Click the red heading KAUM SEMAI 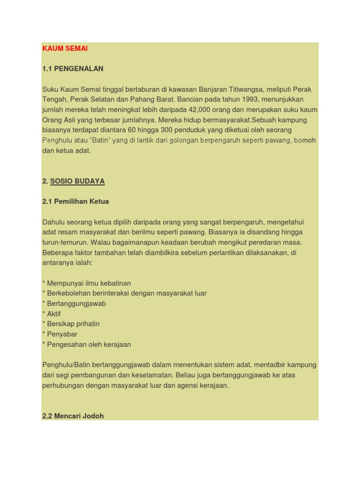[65, 48]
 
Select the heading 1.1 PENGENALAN [73, 68]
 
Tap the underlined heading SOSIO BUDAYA [77, 181]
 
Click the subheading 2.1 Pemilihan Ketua [75, 201]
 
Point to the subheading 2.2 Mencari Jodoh [73, 416]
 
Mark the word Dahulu [54, 222]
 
